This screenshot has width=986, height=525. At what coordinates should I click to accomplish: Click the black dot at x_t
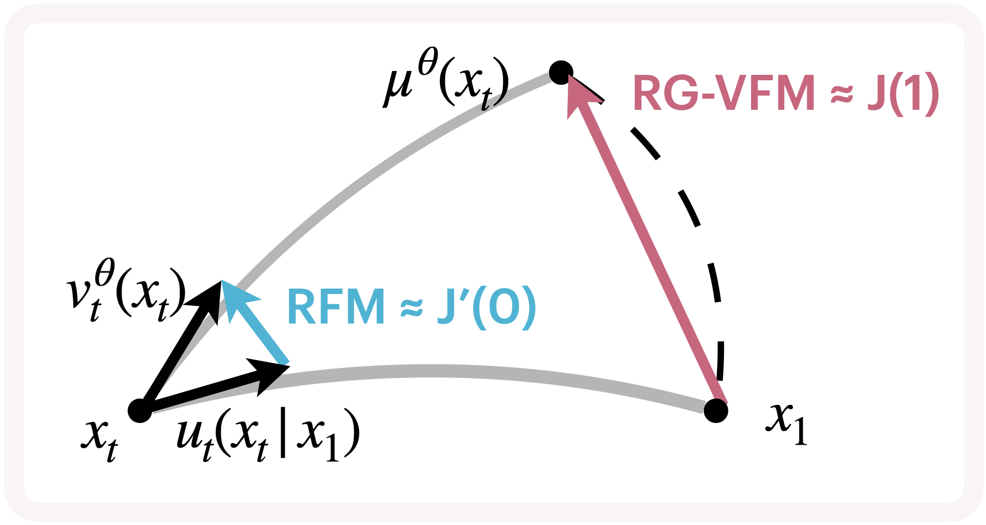[140, 410]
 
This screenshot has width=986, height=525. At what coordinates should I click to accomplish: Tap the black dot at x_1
[716, 410]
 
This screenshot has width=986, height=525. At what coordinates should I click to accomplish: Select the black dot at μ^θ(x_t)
[561, 73]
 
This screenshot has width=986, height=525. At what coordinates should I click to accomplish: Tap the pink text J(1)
[903, 93]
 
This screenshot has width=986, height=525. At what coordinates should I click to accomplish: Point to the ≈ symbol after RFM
[411, 308]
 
